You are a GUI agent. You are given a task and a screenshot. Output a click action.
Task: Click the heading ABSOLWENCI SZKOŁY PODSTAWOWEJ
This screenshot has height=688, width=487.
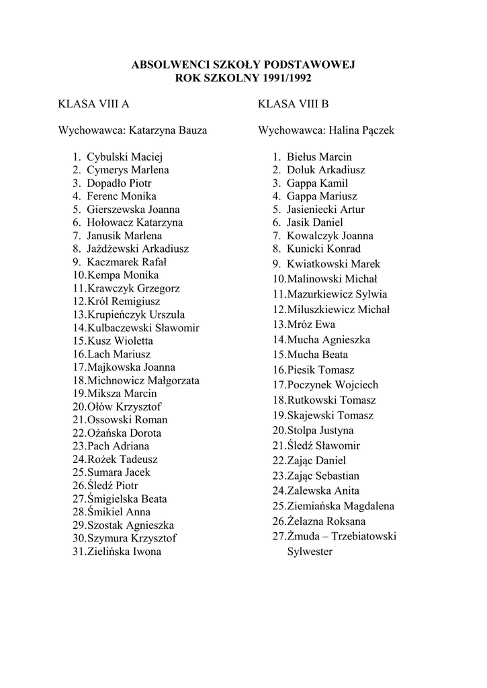242,64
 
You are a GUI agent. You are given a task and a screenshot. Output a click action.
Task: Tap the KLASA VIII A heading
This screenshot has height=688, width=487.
93,104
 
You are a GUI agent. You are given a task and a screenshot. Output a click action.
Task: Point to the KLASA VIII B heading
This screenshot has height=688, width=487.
293,104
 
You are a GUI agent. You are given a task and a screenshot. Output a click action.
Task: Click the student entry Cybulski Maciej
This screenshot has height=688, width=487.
120,157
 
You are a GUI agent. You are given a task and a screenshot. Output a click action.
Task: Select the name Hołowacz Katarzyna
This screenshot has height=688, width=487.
134,222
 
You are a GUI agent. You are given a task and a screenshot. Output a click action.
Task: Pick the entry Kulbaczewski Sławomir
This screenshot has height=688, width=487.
143,328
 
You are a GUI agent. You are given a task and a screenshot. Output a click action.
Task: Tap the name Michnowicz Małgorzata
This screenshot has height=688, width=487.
143,380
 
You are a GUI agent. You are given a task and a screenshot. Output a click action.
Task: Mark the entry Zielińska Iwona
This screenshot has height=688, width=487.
124,552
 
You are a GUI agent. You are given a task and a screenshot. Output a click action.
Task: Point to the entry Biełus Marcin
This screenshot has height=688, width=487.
319,157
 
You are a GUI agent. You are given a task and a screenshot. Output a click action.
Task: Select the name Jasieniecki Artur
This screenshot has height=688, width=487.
326,210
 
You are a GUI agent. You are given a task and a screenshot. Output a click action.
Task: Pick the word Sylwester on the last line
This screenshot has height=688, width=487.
310,552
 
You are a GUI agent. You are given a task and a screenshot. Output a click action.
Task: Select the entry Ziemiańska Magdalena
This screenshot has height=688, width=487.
341,506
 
